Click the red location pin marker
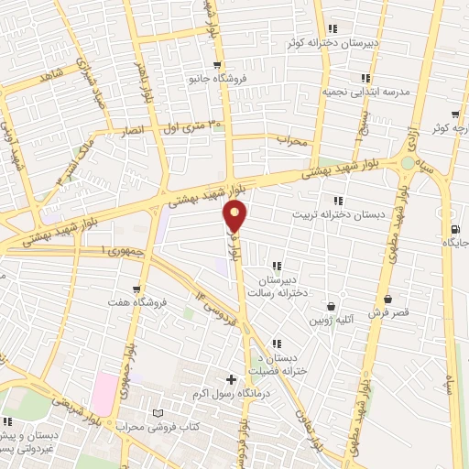(235, 217)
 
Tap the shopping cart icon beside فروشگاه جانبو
(216, 65)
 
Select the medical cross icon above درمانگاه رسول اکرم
(231, 379)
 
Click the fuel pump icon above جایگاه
(455, 229)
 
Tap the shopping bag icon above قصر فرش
(388, 300)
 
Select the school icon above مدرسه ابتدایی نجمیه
(365, 79)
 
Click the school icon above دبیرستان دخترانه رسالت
(277, 266)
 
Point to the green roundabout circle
(406, 163)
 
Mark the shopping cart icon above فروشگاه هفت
(136, 289)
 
